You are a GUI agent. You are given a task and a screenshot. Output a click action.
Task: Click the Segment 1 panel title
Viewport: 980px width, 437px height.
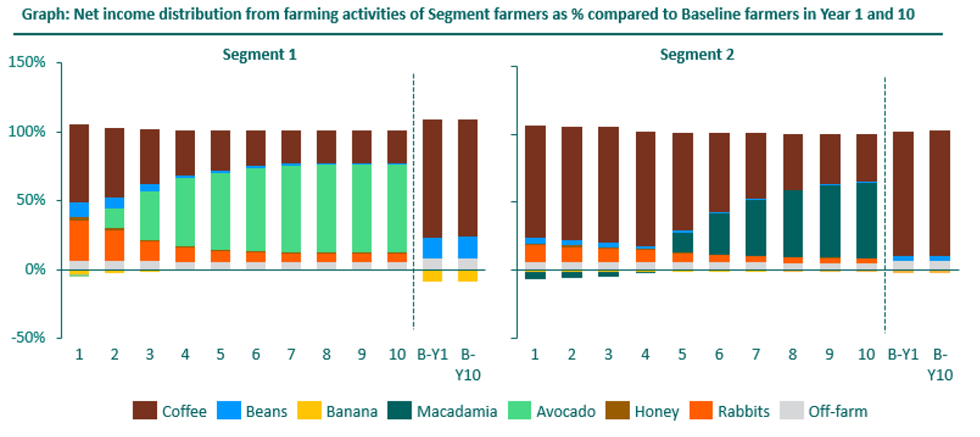pos(259,54)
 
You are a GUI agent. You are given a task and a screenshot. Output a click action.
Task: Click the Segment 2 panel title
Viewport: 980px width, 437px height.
pos(697,54)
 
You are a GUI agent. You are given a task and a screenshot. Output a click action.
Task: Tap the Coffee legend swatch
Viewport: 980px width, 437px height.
pos(145,411)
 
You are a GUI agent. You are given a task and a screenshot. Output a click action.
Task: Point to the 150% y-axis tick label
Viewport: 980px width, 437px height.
pos(26,62)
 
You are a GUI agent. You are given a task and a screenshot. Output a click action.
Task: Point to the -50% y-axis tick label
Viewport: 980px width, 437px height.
pos(28,337)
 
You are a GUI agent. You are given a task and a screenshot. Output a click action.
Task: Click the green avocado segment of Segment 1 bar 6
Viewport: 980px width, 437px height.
pos(256,209)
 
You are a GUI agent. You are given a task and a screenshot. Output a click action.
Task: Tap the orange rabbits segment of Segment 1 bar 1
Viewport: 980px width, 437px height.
pos(79,241)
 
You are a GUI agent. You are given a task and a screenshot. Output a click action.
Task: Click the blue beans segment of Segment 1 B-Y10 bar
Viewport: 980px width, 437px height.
pos(467,248)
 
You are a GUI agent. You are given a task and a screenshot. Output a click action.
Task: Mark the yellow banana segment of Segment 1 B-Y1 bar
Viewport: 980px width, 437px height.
pos(432,276)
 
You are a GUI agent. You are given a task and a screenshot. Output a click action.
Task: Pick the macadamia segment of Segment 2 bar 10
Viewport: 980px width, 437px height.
pos(866,220)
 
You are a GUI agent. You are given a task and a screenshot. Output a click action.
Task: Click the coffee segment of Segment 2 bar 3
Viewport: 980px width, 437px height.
pos(608,184)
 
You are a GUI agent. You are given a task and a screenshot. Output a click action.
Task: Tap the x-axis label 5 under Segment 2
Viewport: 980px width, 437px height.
pos(682,354)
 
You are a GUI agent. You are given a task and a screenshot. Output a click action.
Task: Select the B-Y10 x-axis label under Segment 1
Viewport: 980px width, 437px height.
pos(467,364)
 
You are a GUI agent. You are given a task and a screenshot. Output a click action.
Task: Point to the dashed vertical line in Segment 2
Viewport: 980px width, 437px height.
pos(885,204)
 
